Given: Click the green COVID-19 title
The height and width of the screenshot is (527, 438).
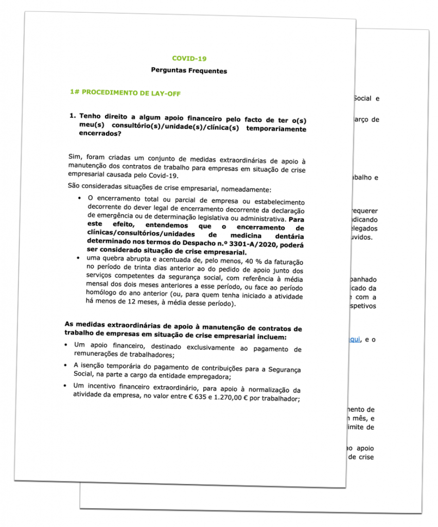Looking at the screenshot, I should [x=189, y=59].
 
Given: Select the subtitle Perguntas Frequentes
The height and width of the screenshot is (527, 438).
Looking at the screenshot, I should [x=189, y=70].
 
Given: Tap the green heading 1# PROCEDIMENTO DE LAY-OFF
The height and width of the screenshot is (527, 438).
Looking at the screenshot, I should [x=125, y=93].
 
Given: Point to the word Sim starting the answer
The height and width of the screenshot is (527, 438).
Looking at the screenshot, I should [x=75, y=156].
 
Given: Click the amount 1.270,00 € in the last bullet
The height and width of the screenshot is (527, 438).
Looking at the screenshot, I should [x=227, y=398].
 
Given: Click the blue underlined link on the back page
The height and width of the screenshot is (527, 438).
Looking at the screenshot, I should [x=355, y=339].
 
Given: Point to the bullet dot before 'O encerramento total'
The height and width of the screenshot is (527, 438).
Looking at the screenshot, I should [x=79, y=197].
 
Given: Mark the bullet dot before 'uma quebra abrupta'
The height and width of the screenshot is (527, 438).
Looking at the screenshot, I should [x=77, y=257].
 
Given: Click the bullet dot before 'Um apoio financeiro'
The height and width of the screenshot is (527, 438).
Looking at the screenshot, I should [x=66, y=343].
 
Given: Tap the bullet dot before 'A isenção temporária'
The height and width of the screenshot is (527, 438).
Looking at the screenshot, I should [x=65, y=364].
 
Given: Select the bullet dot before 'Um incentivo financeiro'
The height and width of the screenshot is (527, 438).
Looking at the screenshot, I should [x=64, y=384].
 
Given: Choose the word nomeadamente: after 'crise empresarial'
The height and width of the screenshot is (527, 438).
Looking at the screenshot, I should [x=254, y=189].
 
